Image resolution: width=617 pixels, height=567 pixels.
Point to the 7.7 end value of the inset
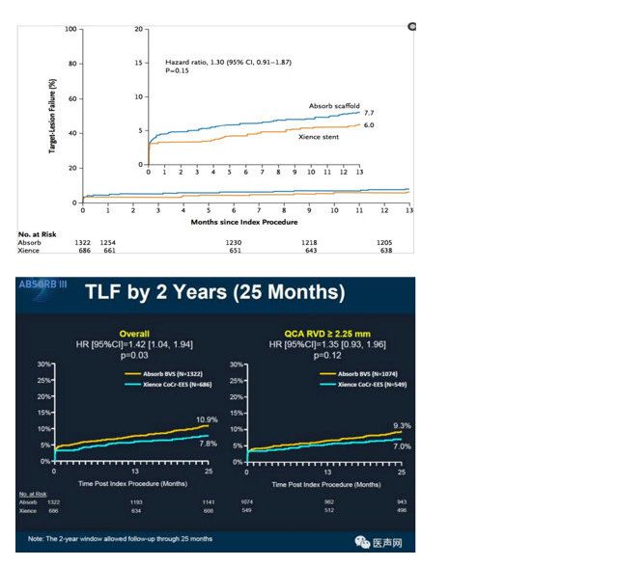click(369, 113)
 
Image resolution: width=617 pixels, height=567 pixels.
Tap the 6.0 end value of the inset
click(369, 125)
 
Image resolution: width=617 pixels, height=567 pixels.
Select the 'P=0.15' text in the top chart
click(178, 70)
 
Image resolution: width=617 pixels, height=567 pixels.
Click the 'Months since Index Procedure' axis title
click(245, 221)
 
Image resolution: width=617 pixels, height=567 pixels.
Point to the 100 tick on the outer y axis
click(70, 29)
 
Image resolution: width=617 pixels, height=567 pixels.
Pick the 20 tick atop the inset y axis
click(139, 29)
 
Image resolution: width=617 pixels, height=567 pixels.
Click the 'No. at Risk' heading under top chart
click(38, 233)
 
